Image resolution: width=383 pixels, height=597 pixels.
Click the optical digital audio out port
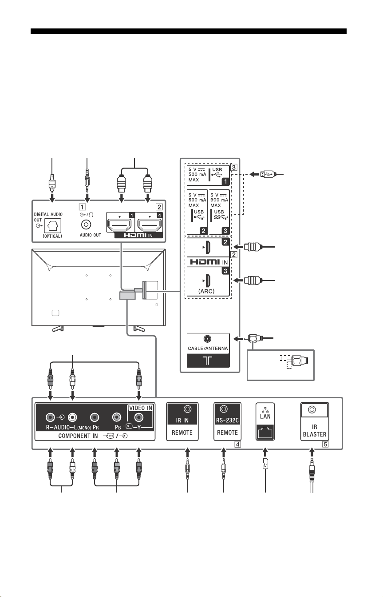(52, 226)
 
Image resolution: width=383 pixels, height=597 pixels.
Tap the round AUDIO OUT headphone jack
(86, 224)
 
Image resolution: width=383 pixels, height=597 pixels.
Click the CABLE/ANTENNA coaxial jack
(207, 339)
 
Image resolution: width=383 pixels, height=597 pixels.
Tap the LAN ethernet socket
(265, 432)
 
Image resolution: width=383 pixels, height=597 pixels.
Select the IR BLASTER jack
(312, 409)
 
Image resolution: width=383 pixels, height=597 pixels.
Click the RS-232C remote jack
(224, 409)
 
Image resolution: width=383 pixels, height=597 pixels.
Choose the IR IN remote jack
(188, 409)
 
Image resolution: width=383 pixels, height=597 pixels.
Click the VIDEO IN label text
(141, 408)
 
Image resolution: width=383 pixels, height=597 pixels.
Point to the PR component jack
(95, 417)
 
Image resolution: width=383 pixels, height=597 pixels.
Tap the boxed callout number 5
(325, 444)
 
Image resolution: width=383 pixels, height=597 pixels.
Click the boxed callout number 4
(238, 444)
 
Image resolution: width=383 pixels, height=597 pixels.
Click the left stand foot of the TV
(58, 329)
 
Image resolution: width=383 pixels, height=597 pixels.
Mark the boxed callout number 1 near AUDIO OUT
(82, 207)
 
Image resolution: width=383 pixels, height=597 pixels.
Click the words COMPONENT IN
(78, 436)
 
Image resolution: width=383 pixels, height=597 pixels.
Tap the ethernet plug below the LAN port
(265, 464)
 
